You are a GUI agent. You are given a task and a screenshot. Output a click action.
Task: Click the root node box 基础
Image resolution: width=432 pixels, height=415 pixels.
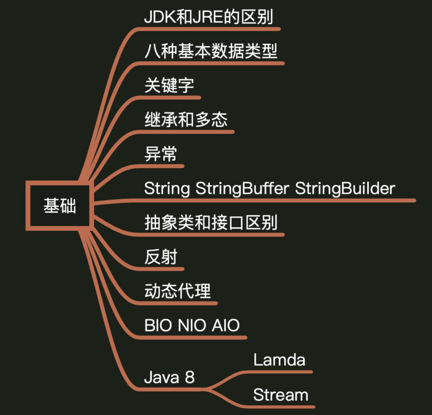click(x=60, y=205)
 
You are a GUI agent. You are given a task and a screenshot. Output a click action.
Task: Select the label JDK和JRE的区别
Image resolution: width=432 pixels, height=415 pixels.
click(x=208, y=17)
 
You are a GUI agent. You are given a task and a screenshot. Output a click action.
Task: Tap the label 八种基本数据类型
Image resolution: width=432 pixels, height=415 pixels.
click(x=211, y=51)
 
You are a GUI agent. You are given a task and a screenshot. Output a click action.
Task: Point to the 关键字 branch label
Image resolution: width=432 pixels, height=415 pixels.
click(x=169, y=86)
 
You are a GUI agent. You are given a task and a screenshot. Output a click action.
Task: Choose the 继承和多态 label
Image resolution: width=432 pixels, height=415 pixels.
click(x=186, y=120)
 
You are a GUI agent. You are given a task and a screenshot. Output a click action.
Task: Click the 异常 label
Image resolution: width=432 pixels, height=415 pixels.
click(x=160, y=154)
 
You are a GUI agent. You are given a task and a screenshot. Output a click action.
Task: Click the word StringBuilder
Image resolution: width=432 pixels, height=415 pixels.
click(x=345, y=188)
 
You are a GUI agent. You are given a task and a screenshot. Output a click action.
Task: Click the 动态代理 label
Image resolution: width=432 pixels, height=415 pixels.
click(x=177, y=291)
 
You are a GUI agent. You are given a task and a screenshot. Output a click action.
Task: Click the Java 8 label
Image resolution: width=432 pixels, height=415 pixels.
click(x=169, y=378)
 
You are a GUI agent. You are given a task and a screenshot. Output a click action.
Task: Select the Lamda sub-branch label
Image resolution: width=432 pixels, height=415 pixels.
click(x=279, y=360)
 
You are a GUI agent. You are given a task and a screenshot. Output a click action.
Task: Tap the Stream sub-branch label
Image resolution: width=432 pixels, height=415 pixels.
click(x=281, y=395)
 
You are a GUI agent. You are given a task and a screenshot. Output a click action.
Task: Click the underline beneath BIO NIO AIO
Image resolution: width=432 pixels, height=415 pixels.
click(x=192, y=338)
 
